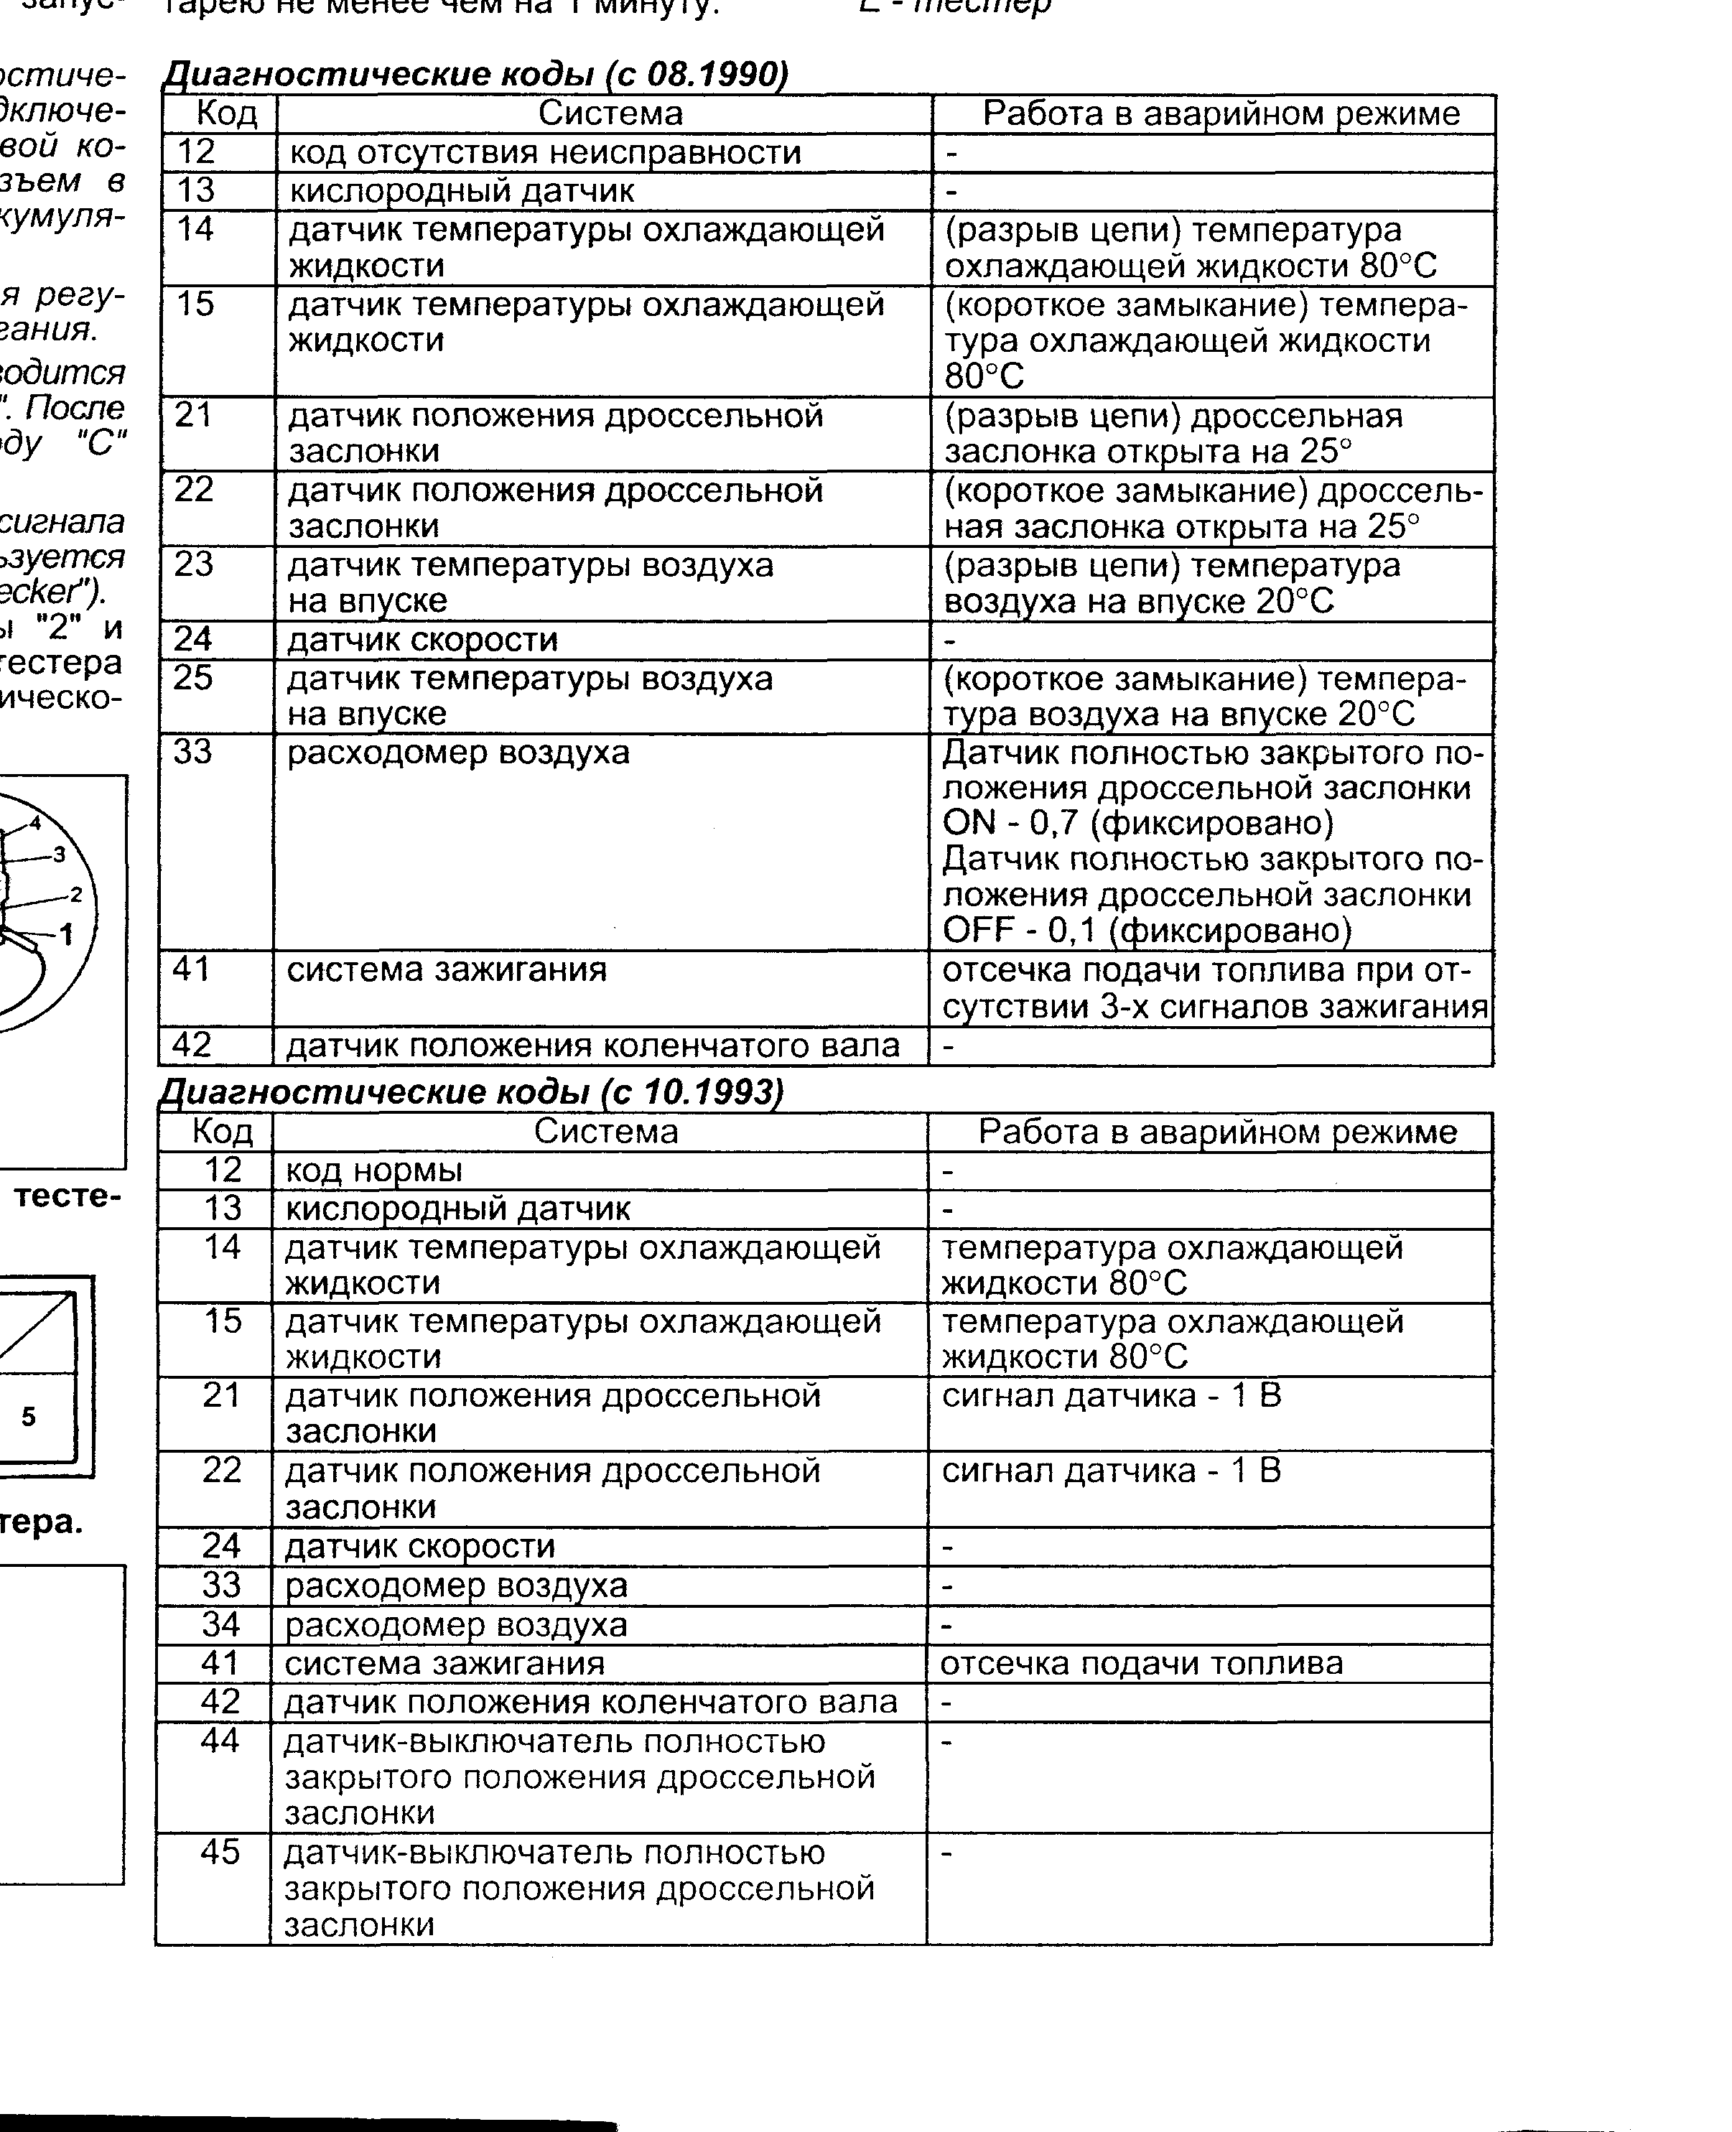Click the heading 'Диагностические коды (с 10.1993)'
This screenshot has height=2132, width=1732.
click(472, 1092)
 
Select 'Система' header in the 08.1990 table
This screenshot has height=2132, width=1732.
click(610, 113)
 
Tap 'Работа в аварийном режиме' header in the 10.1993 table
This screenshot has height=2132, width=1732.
click(1216, 1132)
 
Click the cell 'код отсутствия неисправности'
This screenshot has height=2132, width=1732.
click(545, 153)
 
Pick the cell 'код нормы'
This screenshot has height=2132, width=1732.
click(374, 1170)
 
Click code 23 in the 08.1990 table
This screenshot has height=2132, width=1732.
click(194, 564)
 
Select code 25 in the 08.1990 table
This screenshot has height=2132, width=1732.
click(194, 679)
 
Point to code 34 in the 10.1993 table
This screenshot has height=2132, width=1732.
click(221, 1624)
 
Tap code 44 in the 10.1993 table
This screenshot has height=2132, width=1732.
click(220, 1741)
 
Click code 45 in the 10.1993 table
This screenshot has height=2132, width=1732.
click(220, 1852)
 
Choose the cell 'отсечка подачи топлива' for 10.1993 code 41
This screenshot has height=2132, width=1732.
click(1141, 1663)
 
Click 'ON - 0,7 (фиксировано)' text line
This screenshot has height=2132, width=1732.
click(1137, 823)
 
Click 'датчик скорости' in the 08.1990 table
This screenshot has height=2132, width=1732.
click(422, 641)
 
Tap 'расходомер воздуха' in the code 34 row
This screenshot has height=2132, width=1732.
click(456, 1624)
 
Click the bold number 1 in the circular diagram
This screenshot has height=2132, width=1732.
click(67, 935)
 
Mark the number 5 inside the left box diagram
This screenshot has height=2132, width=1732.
click(28, 1417)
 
